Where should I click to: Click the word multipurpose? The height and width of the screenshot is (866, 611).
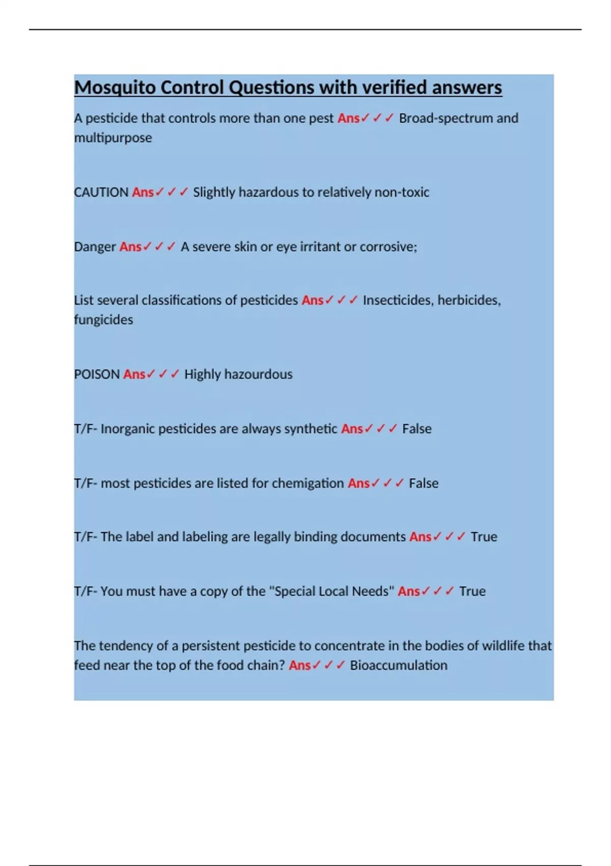point(113,138)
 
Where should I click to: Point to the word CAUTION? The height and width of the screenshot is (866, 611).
point(101,193)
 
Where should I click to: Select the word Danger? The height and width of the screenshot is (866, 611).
point(95,247)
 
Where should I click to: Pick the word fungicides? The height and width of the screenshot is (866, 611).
point(103,320)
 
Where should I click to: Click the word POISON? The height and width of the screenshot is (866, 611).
point(97,374)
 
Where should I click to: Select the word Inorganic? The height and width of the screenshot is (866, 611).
point(128,429)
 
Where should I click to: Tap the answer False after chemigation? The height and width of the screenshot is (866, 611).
point(424,483)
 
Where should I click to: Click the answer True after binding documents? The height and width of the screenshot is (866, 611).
point(484,537)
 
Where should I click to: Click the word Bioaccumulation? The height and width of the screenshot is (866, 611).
point(399,665)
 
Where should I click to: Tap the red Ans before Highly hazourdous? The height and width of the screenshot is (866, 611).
point(134,374)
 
